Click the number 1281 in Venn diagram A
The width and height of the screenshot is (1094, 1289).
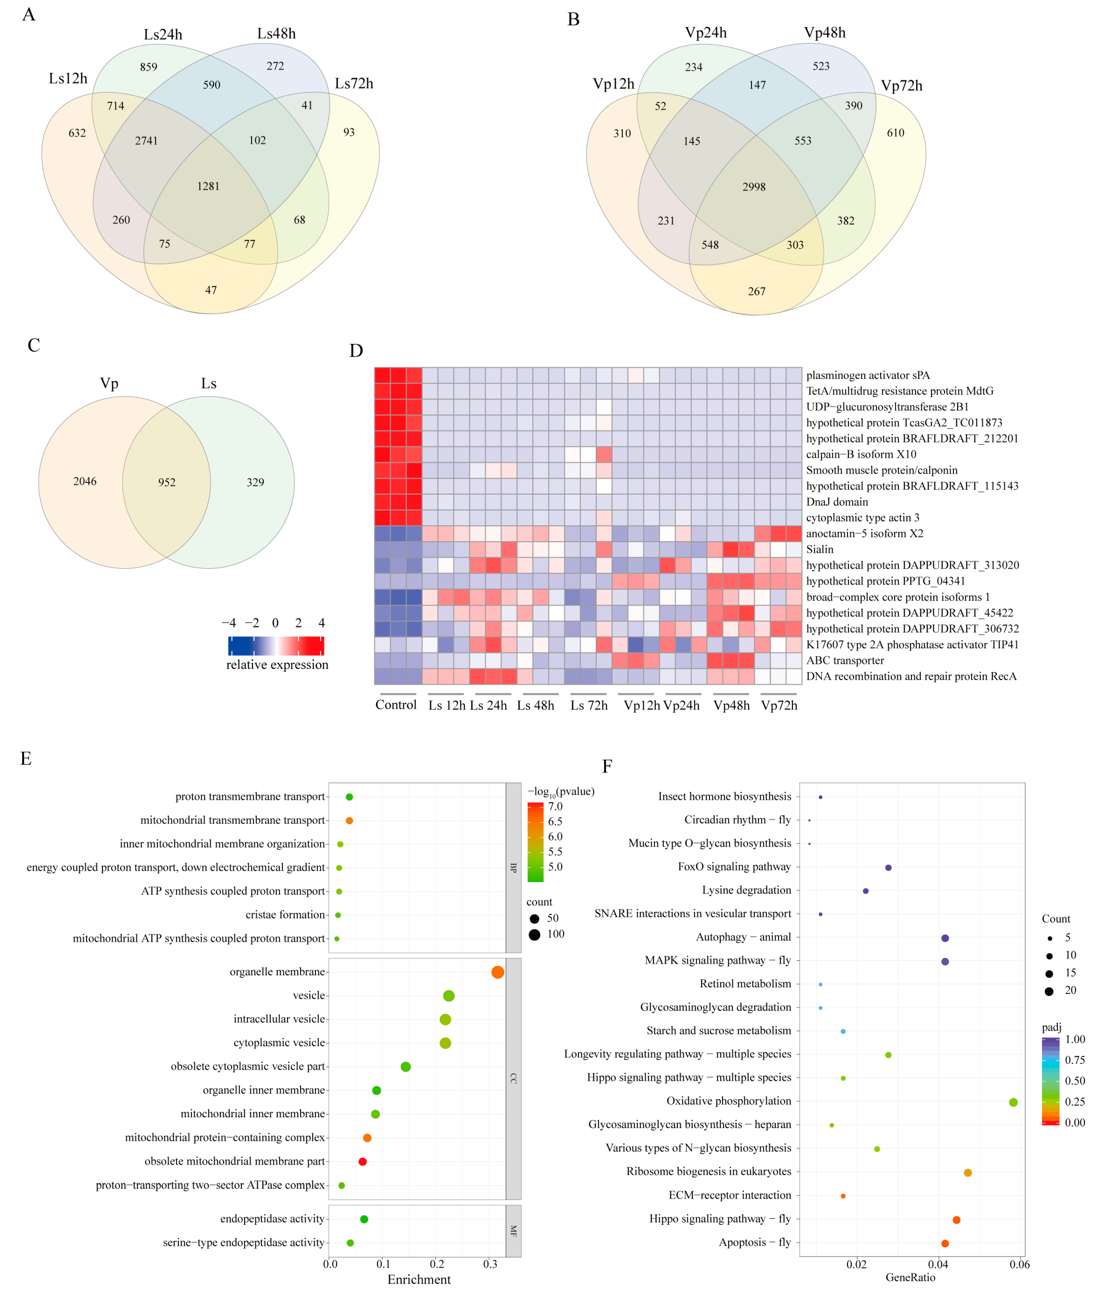208,186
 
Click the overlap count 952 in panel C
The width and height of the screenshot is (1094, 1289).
167,482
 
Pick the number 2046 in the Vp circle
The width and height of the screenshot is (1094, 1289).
85,481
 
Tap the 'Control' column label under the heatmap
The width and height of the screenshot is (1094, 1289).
396,705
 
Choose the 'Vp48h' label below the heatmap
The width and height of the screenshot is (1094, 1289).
731,705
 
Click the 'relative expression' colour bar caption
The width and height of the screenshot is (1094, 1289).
277,664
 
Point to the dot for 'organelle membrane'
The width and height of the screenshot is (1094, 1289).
497,972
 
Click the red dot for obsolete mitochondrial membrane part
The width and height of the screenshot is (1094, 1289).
363,1161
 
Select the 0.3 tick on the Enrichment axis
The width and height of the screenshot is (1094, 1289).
490,1263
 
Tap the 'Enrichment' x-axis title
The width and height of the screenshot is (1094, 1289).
419,1279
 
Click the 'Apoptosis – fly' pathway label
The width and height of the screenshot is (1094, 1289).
755,1242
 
